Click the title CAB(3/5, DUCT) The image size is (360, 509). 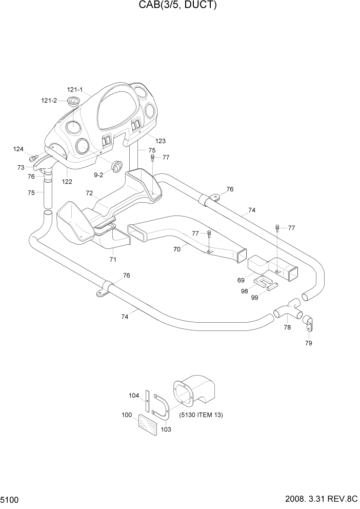tap(179, 6)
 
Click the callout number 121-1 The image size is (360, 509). tap(75, 90)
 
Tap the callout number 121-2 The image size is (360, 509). tap(49, 101)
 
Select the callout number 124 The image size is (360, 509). tap(18, 149)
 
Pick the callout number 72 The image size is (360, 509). tap(89, 193)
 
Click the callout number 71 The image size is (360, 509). tap(113, 259)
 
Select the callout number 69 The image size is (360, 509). tap(241, 280)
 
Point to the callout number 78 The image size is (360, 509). tap(287, 327)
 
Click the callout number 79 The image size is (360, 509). tap(308, 343)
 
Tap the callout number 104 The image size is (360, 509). tap(133, 395)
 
